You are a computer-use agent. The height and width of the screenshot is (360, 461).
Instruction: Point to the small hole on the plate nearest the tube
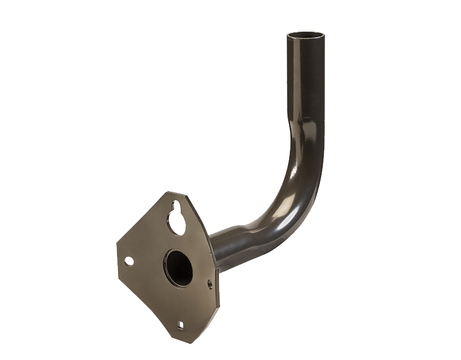(209, 284)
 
